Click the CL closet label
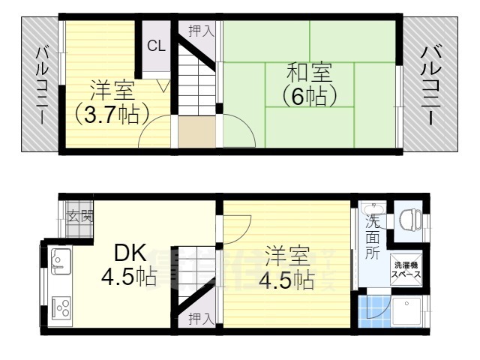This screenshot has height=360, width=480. [155, 46]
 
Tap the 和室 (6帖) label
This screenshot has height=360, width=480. [308, 85]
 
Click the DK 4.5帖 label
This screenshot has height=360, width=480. [129, 265]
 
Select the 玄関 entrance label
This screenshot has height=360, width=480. [79, 217]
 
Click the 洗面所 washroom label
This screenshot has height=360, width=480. [372, 237]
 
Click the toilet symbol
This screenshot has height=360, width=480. [409, 218]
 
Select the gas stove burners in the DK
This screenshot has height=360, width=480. [61, 307]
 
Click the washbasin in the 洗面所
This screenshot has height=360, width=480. [373, 208]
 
